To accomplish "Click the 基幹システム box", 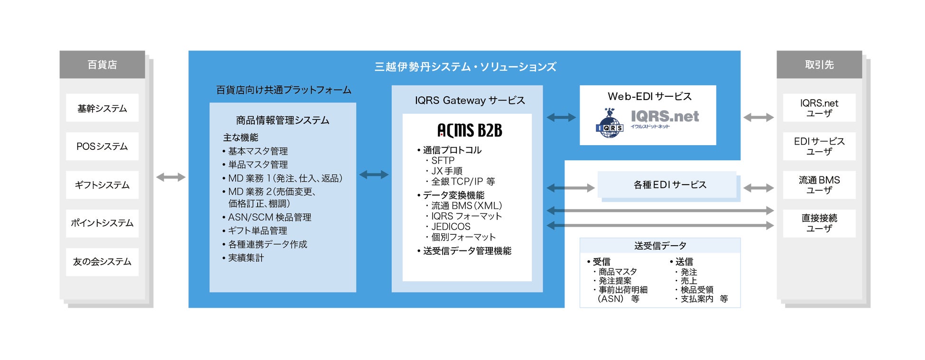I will (x=102, y=108).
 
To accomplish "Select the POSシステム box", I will (x=102, y=147).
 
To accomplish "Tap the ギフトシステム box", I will (x=102, y=185).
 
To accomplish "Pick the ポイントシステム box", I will (x=102, y=223).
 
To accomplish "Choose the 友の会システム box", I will (x=102, y=262).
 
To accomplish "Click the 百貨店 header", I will (x=102, y=65).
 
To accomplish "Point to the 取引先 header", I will (x=819, y=65).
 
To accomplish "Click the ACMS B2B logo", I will (x=469, y=130).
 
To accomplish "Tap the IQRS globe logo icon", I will (x=609, y=124).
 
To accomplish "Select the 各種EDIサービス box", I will (x=669, y=185).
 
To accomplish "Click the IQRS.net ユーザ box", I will (x=819, y=108).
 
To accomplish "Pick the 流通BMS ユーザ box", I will (x=819, y=185).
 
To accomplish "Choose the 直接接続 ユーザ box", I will (x=819, y=223).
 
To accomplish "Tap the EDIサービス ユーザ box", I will (x=819, y=147).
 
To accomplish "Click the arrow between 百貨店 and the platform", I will (x=171, y=177).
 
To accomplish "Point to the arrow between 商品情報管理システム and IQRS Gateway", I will (x=374, y=175).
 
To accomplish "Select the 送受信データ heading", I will (x=660, y=246).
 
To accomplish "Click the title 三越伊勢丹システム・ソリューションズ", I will (x=465, y=67).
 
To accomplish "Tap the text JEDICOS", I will (x=451, y=227).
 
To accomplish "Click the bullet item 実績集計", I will (x=246, y=258).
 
